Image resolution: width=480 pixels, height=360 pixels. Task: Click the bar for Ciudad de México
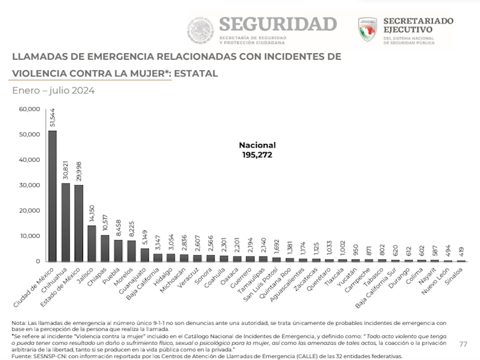click(x=53, y=195)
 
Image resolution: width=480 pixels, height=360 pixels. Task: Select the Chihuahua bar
click(x=66, y=222)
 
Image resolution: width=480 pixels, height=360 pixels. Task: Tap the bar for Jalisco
click(x=92, y=243)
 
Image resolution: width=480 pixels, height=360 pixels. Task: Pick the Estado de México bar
click(x=79, y=224)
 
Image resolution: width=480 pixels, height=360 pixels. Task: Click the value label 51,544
click(x=53, y=117)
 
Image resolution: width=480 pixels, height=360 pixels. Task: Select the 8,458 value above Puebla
click(x=118, y=228)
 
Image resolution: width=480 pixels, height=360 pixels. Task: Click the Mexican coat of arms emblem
click(x=200, y=29)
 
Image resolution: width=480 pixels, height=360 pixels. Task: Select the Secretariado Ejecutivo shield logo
click(x=367, y=29)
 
